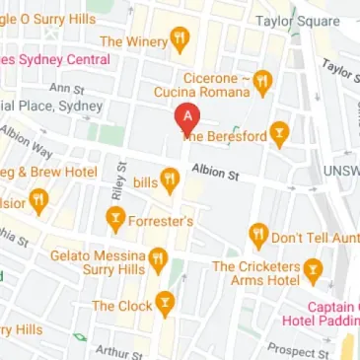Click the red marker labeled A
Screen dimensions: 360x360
(184, 118)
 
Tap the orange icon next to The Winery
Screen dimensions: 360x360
(179, 40)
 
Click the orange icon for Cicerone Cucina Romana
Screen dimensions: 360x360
(262, 79)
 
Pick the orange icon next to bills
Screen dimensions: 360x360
(170, 180)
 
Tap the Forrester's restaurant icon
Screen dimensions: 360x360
(116, 221)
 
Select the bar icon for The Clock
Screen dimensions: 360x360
(165, 305)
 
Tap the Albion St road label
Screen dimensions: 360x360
(215, 172)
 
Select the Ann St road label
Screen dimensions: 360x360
(74, 90)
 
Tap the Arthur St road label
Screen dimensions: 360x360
(119, 351)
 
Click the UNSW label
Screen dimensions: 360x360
(341, 171)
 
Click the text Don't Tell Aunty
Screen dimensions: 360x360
(315, 238)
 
